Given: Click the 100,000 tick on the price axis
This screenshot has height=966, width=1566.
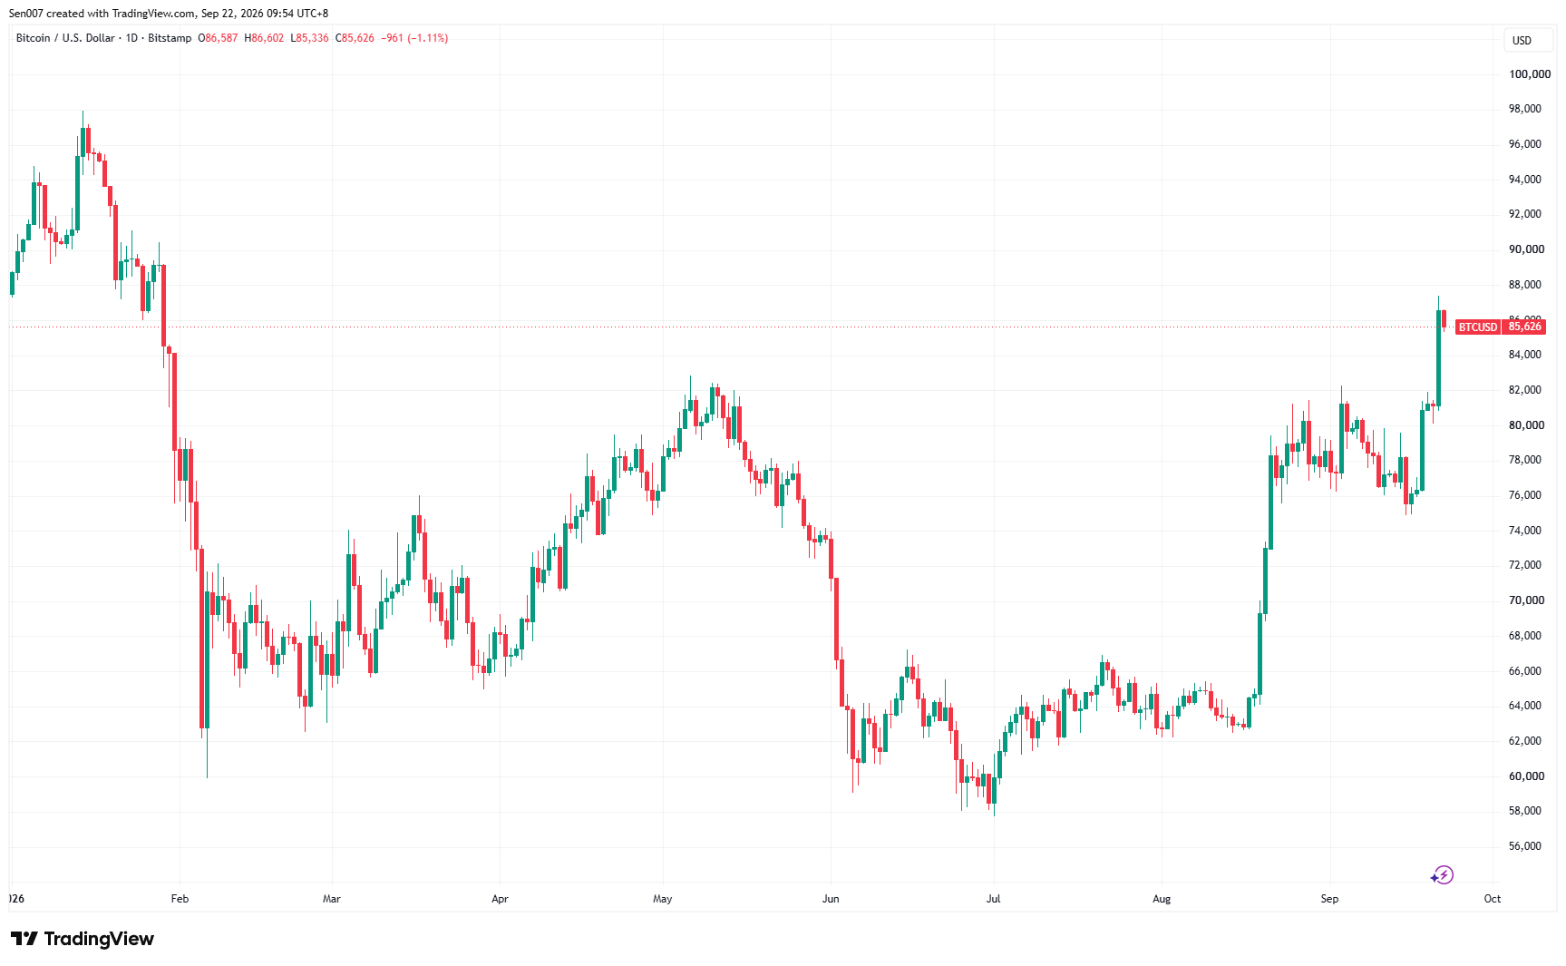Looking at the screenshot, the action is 1530,74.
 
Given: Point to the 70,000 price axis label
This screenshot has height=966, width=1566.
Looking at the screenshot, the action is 1526,600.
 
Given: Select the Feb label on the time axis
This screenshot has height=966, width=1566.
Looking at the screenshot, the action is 180,899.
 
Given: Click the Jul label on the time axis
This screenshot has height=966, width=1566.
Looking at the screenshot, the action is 994,899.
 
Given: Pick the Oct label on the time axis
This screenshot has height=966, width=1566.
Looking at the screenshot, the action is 1493,899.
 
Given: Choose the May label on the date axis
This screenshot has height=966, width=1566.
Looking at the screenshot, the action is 663,899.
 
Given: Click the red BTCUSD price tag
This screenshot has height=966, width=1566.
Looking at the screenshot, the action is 1500,327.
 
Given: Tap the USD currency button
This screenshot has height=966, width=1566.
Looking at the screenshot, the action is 1522,41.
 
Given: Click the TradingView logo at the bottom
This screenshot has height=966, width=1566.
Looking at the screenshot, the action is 83,939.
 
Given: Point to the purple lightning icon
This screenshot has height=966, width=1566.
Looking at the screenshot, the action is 1442,874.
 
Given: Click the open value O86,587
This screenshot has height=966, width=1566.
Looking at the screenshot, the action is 219,38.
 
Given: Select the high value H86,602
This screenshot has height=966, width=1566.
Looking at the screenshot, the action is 264,38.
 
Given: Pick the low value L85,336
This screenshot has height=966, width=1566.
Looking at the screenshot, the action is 309,38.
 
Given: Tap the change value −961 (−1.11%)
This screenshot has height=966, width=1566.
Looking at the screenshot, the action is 414,38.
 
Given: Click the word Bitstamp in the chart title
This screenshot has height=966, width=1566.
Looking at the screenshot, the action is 170,38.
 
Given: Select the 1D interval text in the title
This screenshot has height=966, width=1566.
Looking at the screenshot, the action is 131,38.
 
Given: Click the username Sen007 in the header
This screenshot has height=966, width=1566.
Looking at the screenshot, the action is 26,14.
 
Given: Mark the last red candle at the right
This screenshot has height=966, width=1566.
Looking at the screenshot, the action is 1444,318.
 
